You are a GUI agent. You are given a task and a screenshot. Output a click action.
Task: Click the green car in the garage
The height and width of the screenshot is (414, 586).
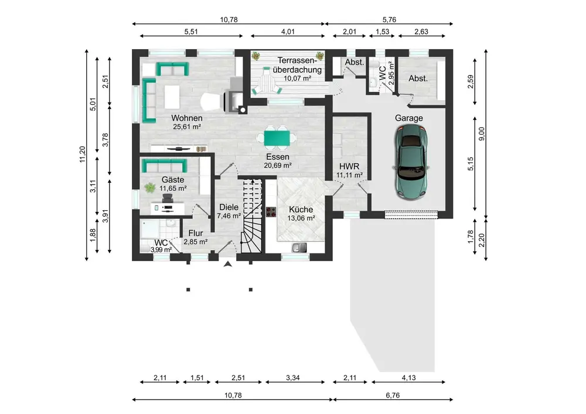tap(411, 161)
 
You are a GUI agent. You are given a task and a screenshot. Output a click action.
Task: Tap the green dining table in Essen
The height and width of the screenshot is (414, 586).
tap(277, 138)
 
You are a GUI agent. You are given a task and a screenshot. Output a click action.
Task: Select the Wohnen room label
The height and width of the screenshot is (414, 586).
tap(187, 118)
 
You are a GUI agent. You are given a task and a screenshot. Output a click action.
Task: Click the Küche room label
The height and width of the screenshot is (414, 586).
tap(301, 210)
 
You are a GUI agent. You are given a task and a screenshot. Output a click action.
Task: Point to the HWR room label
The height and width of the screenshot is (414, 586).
tap(349, 166)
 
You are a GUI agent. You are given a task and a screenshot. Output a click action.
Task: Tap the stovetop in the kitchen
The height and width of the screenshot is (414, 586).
tap(271, 212)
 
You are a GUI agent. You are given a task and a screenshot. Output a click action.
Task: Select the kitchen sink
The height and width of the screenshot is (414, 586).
tap(299, 247)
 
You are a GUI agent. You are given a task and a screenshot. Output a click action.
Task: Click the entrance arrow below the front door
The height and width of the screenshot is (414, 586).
tap(228, 264)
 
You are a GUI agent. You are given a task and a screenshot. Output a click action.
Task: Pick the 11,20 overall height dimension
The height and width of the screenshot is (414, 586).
tap(83, 154)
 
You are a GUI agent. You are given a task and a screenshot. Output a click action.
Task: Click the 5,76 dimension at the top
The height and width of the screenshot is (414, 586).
tap(389, 19)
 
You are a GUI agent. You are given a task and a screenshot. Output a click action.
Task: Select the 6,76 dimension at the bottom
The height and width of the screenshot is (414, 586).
tap(393, 395)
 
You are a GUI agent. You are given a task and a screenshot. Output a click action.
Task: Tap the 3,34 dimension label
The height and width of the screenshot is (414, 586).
tap(293, 378)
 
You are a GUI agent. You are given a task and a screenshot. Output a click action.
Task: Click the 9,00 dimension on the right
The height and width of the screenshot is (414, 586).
tap(481, 134)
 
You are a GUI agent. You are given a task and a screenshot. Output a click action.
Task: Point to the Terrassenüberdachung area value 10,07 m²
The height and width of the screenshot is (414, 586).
tap(298, 78)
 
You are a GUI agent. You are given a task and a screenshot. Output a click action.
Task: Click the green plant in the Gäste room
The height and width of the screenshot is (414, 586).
tap(150, 188)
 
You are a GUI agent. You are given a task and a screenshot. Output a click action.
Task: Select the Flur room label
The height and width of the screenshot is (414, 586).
tap(196, 233)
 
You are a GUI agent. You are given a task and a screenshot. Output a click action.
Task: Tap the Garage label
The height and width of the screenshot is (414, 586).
tap(409, 118)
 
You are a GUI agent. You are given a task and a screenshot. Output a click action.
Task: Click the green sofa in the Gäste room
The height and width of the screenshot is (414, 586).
tap(164, 165)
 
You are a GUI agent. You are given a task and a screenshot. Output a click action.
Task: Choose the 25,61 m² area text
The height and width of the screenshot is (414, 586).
tap(187, 127)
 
